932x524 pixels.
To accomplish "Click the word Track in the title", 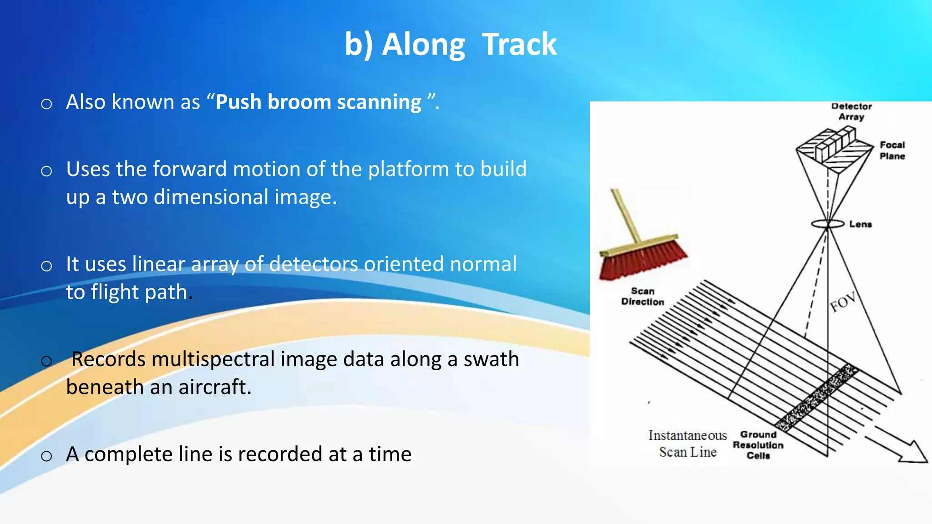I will click(519, 45).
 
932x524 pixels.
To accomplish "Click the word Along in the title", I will click(423, 45).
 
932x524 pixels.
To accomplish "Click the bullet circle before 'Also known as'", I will click(46, 104).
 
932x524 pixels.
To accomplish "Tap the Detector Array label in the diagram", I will click(851, 111).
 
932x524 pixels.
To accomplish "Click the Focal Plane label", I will click(892, 151).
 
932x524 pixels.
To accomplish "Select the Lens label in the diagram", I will click(860, 224).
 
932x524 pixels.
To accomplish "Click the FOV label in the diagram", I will click(843, 302).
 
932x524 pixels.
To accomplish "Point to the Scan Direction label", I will click(643, 297).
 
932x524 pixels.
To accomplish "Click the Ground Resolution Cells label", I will click(758, 445).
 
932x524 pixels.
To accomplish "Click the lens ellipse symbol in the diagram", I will click(827, 224).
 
